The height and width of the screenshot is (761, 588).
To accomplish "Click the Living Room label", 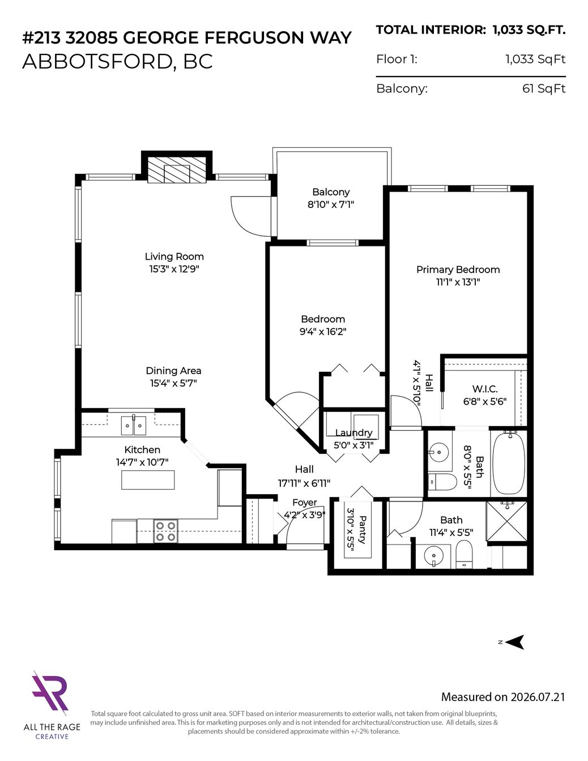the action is click(x=174, y=257).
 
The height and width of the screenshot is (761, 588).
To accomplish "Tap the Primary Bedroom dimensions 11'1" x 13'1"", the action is click(x=458, y=282).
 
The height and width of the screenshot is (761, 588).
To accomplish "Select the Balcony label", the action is click(x=331, y=192).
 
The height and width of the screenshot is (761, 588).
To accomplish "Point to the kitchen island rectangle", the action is click(x=148, y=480).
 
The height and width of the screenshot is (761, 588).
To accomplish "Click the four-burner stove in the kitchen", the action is click(x=165, y=531).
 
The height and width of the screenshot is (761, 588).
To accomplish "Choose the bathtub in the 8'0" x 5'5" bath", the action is click(x=509, y=463).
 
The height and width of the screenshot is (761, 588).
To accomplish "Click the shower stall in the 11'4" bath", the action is click(x=506, y=521).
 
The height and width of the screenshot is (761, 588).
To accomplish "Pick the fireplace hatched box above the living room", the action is click(x=177, y=169).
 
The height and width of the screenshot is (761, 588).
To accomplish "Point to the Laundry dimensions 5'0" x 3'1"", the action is click(x=353, y=445).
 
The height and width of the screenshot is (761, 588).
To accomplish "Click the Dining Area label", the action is click(x=173, y=371).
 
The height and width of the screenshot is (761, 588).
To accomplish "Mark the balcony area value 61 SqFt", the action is click(x=544, y=88).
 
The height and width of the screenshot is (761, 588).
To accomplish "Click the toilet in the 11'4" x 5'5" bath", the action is click(x=464, y=554).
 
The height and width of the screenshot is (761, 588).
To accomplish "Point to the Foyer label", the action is click(x=305, y=503).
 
